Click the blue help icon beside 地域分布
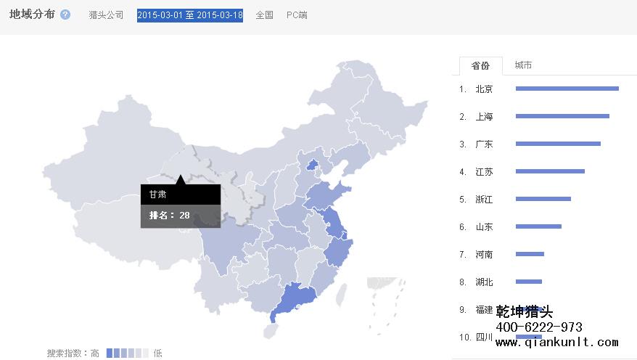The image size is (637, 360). (65, 15)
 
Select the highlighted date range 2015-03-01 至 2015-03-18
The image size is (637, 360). (190, 15)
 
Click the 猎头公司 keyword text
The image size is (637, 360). (106, 15)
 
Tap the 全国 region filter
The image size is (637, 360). (264, 15)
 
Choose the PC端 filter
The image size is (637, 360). (297, 15)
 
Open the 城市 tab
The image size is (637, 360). (523, 65)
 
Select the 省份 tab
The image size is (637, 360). (480, 66)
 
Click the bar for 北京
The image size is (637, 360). (567, 89)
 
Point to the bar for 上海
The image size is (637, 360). (562, 116)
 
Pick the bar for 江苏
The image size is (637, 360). (550, 171)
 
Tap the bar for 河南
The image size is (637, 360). (530, 254)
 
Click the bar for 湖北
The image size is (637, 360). (529, 282)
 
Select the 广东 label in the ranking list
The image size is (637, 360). (484, 144)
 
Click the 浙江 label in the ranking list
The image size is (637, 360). (484, 199)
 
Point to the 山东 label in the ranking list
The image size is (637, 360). (484, 226)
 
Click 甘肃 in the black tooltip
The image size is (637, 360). (157, 195)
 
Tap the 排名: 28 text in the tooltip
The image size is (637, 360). (169, 216)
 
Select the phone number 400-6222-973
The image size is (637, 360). (539, 327)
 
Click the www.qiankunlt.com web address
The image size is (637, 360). (556, 343)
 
